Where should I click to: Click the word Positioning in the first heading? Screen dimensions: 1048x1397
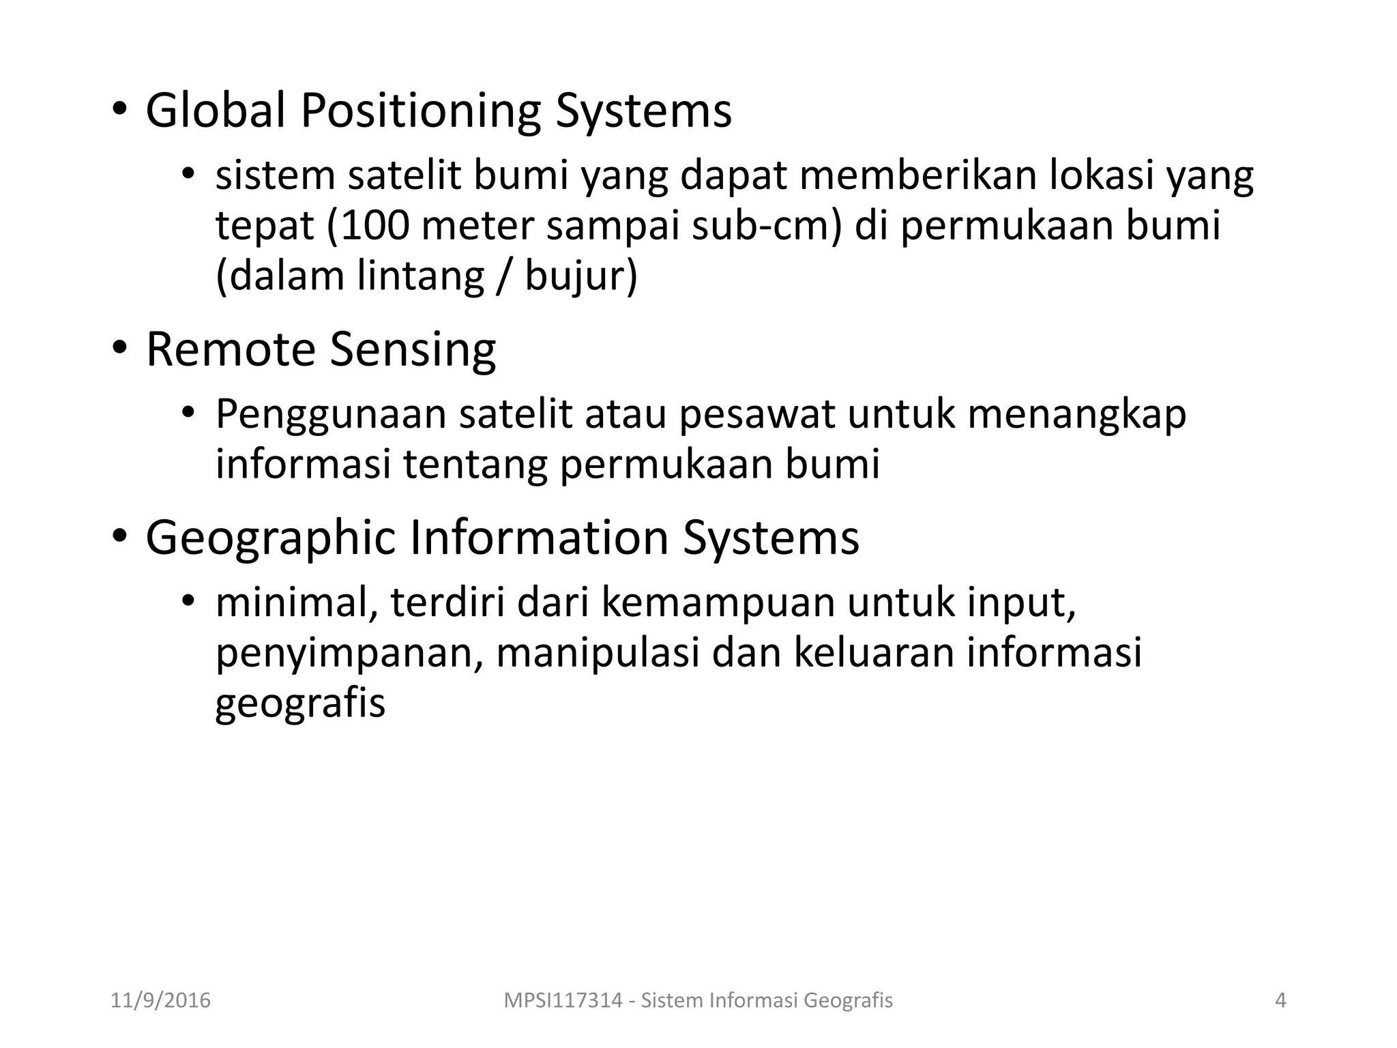[x=420, y=111]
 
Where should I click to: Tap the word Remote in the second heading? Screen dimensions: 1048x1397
[x=231, y=349]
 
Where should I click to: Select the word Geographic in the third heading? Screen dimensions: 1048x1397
[x=270, y=538]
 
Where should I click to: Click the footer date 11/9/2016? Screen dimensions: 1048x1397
[x=160, y=1000]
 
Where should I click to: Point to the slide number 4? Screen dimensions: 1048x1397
[x=1280, y=1000]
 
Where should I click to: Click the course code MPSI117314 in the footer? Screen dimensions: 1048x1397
[x=563, y=1000]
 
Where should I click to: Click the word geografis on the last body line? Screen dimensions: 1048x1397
[x=300, y=703]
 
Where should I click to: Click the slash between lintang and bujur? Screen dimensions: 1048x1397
[x=504, y=276]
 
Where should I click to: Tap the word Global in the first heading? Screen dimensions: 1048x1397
[x=216, y=111]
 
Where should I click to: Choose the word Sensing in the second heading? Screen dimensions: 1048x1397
[x=413, y=349]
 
